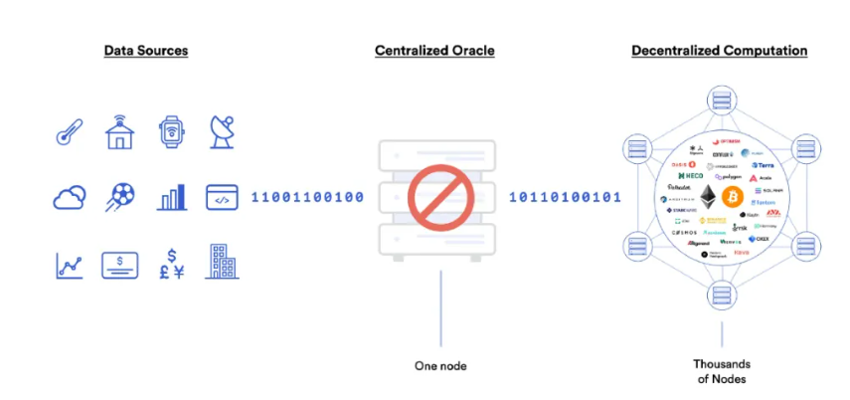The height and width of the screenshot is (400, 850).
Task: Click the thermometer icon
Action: pos(69,132)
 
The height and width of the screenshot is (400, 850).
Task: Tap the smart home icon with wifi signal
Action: pos(119,131)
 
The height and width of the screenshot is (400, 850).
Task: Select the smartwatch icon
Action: pos(172,131)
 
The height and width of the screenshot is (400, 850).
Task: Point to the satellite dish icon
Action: pos(223,131)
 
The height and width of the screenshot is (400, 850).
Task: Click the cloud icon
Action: pos(69,197)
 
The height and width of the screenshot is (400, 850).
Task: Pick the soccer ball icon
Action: pos(120,197)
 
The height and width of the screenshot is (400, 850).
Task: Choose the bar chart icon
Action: pos(172,197)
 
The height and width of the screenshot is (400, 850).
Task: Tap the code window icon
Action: pos(223,197)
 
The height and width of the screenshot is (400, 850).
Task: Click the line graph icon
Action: pos(69,265)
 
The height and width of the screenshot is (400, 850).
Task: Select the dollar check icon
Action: pos(120,265)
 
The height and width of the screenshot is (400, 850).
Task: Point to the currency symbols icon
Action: pos(172,265)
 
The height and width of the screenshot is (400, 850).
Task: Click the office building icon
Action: pos(223,262)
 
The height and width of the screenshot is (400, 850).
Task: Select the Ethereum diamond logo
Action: pos(709,195)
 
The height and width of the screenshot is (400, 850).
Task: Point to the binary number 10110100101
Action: pos(565,197)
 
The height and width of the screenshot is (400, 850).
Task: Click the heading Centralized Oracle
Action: pos(434,50)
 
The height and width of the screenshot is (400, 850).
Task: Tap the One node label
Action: pos(440,366)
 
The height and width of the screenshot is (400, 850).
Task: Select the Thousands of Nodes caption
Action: pos(722,370)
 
